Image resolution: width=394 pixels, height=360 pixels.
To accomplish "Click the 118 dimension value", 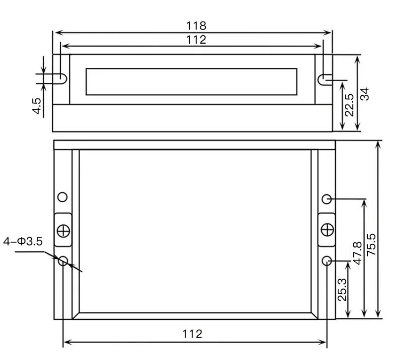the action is [x=196, y=26].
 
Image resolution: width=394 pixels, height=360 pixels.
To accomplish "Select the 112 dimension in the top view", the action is [x=196, y=40].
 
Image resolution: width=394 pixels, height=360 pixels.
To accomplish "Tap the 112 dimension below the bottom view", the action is [x=192, y=334].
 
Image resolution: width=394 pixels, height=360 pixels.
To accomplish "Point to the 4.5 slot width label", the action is [x=37, y=106].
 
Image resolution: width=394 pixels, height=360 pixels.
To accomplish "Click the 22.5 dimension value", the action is [x=349, y=105].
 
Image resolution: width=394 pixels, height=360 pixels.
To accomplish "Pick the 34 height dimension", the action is [x=365, y=94].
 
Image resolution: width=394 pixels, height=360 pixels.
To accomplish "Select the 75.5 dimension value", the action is [x=371, y=245].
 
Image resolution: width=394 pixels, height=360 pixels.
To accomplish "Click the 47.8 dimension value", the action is [x=358, y=253].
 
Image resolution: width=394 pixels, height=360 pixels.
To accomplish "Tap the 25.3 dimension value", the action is [x=342, y=290].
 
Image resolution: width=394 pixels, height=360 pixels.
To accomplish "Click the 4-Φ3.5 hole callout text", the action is [x=23, y=241].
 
